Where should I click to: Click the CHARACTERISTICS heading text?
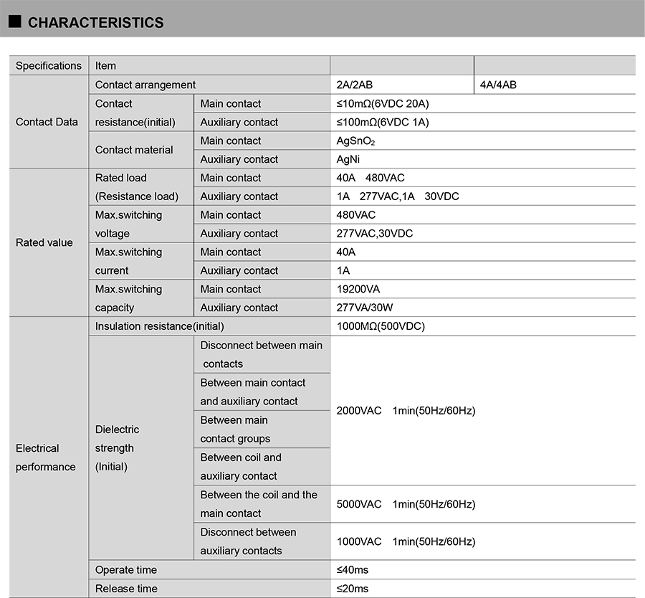coord(95,23)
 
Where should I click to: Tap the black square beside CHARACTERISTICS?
coord(14,22)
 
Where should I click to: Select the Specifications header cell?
coord(49,66)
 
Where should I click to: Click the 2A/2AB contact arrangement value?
coord(355,85)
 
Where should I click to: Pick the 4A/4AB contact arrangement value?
coord(498,85)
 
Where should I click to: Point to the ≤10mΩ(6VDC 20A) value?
coord(383,104)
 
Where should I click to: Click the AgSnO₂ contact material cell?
coord(356,141)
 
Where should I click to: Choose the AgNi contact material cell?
coord(348,160)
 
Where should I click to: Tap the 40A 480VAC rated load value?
coord(371,178)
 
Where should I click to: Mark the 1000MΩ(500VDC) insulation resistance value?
coord(381,326)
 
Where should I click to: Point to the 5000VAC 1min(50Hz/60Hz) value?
coord(406,504)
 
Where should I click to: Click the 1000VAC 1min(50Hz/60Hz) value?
coord(406,541)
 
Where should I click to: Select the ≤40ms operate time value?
coord(353,570)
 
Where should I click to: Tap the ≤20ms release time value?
coord(353,589)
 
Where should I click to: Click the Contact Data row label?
coord(47,122)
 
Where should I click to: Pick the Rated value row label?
coord(44,242)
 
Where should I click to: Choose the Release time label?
coord(126,589)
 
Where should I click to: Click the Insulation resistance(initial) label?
coord(160,326)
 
